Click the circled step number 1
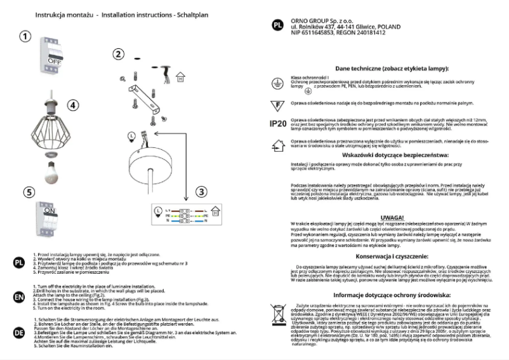[x=24, y=36]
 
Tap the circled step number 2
[x=118, y=54]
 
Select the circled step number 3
[x=201, y=190]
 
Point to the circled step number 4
[x=73, y=105]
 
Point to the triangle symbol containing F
[x=277, y=103]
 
